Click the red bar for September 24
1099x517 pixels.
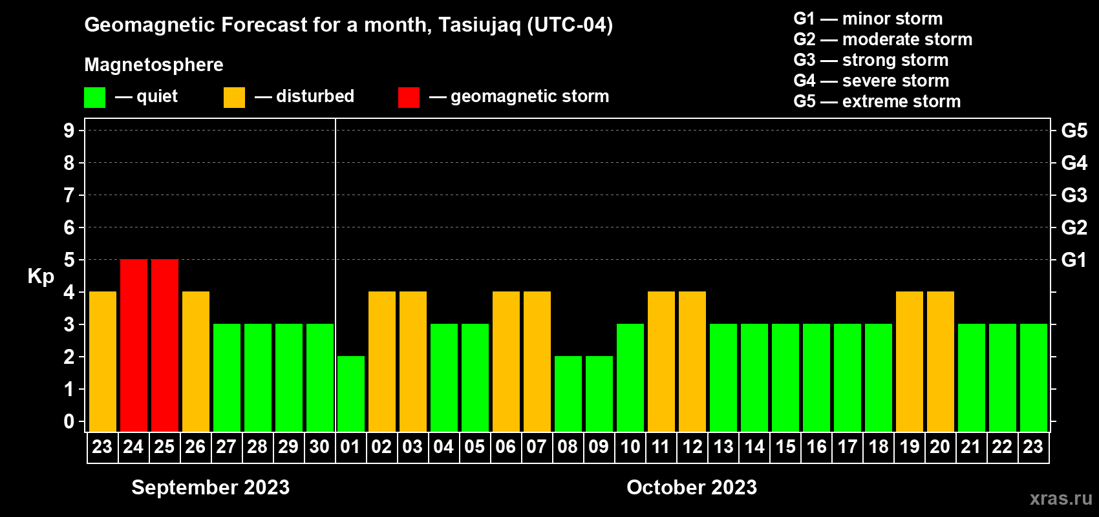pyautogui.click(x=134, y=345)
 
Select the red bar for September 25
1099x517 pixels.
pyautogui.click(x=165, y=345)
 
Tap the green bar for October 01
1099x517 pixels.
pyautogui.click(x=351, y=394)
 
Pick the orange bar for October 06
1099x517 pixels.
pyautogui.click(x=506, y=361)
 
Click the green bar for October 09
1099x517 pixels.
pyautogui.click(x=599, y=394)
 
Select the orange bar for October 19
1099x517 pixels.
pyautogui.click(x=910, y=361)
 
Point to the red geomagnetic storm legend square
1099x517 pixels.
pyautogui.click(x=409, y=97)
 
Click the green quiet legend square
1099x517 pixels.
pyautogui.click(x=94, y=97)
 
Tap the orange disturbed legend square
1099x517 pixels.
pyautogui.click(x=235, y=97)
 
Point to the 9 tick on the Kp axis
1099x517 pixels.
pyautogui.click(x=69, y=131)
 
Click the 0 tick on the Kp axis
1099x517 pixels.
pyautogui.click(x=69, y=421)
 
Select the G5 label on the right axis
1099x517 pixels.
pyautogui.click(x=1074, y=131)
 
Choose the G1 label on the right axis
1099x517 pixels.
pyautogui.click(x=1074, y=260)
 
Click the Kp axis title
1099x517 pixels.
pyautogui.click(x=41, y=277)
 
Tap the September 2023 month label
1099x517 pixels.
pyautogui.click(x=211, y=487)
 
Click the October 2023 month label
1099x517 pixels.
pyautogui.click(x=692, y=487)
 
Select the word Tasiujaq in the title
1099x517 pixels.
pyautogui.click(x=479, y=25)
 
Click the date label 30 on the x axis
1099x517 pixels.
pyautogui.click(x=319, y=447)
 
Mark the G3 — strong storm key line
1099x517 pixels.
pyautogui.click(x=871, y=60)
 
